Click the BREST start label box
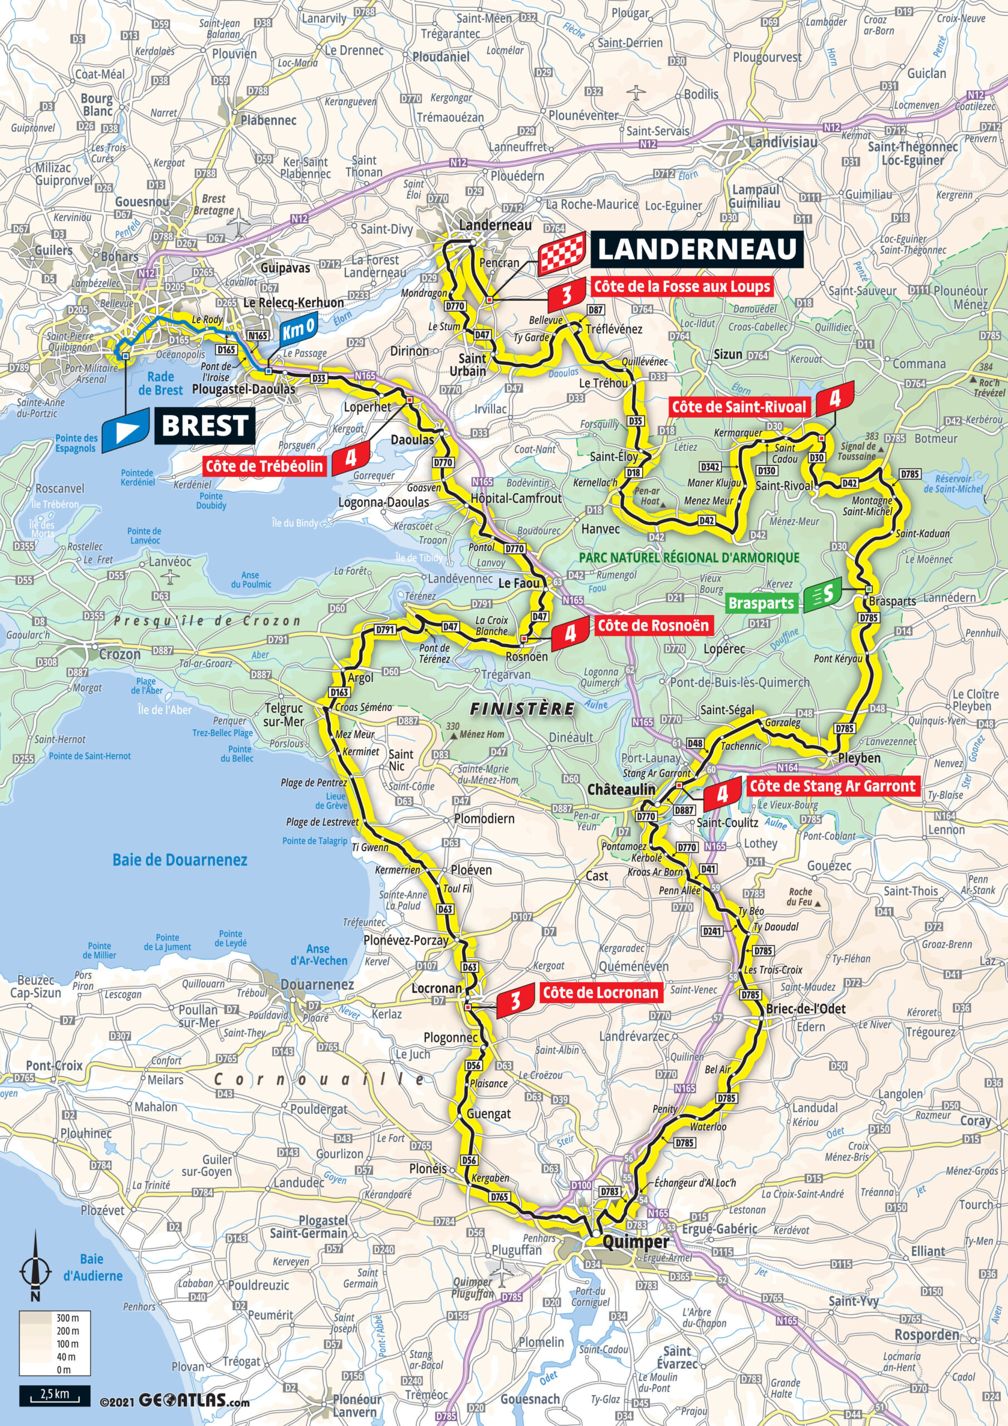[205, 426]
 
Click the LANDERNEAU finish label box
[696, 249]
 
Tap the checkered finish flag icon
[562, 253]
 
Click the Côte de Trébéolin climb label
[265, 466]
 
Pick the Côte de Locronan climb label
[600, 993]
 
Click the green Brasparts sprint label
[761, 603]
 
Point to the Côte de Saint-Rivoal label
[738, 407]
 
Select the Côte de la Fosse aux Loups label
[682, 286]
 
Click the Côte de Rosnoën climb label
[653, 626]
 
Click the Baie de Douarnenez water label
[179, 859]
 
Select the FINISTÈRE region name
[522, 709]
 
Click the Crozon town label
[120, 654]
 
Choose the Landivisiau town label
[782, 141]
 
